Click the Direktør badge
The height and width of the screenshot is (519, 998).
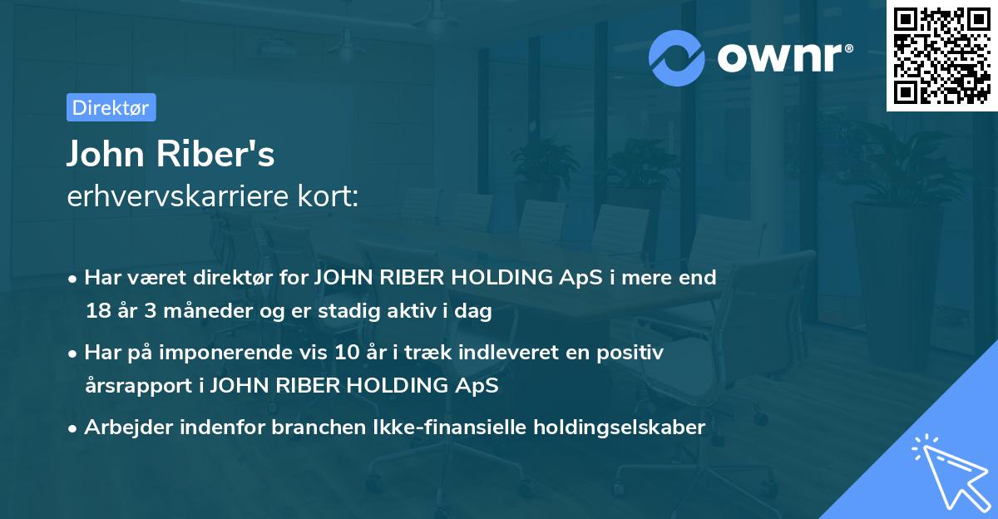[111, 107]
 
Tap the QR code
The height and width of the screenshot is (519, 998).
[941, 56]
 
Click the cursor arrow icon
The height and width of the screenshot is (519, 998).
[948, 471]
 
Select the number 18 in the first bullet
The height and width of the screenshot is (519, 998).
[96, 312]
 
